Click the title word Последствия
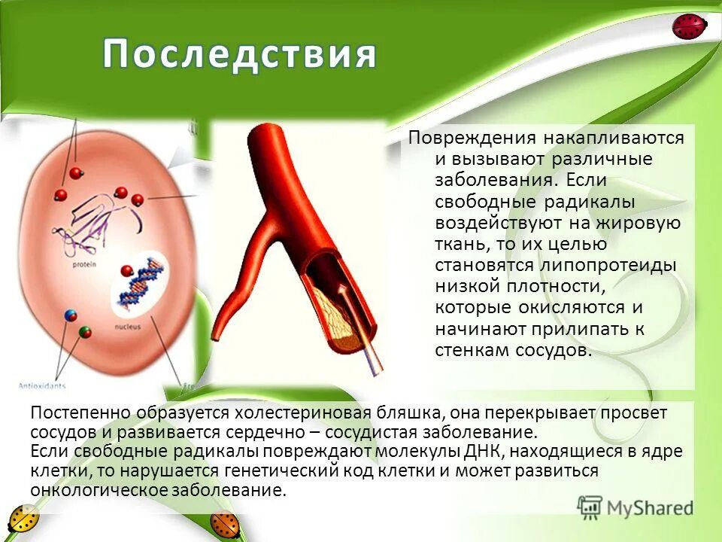click(239, 55)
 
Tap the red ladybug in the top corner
click(689, 27)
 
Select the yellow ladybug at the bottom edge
click(23, 522)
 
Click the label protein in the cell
click(83, 265)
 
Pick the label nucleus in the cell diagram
click(127, 327)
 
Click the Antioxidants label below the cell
click(41, 386)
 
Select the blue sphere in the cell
click(71, 315)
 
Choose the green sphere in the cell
click(85, 332)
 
